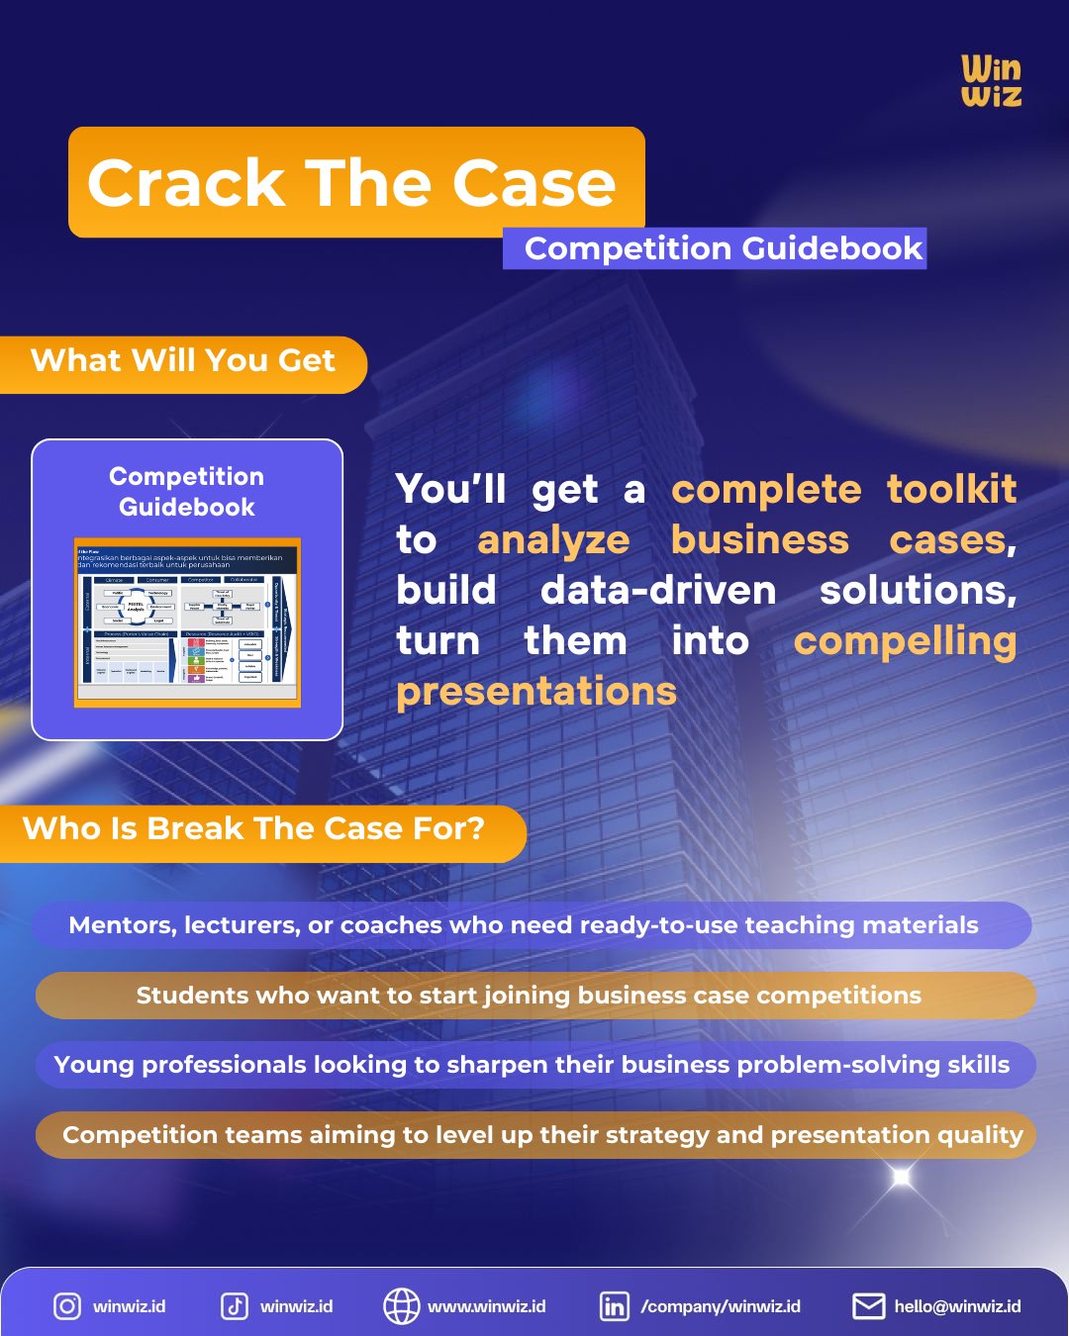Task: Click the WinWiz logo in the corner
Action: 991,81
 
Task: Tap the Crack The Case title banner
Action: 354,183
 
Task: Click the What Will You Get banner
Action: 183,361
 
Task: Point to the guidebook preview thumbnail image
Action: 187,622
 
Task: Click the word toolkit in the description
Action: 951,489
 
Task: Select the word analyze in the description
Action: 553,540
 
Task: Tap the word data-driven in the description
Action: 658,591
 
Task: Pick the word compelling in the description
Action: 905,641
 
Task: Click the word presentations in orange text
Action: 536,692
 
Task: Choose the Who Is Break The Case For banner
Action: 254,829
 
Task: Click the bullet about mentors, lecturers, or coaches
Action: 525,925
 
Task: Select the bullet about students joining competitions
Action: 530,996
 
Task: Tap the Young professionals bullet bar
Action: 533,1065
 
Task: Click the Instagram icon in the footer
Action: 67,1306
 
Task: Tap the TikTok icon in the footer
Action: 235,1306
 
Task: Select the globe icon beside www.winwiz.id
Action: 401,1306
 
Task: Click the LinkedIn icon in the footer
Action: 614,1306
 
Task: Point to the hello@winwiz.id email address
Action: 957,1306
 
